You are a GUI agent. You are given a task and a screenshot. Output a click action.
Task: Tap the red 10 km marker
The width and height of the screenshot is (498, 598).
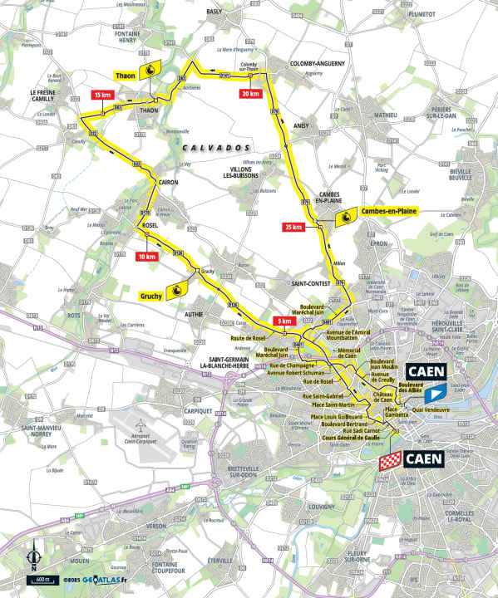pyautogui.click(x=147, y=257)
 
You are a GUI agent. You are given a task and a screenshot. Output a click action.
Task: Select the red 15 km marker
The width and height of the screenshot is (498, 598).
pyautogui.click(x=102, y=96)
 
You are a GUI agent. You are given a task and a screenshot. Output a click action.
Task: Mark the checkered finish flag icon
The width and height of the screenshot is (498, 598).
pyautogui.click(x=391, y=459)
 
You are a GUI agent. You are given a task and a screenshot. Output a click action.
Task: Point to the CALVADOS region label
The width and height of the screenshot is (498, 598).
pyautogui.click(x=206, y=148)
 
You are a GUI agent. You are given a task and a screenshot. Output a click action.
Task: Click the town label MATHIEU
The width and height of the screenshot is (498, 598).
pyautogui.click(x=385, y=115)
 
